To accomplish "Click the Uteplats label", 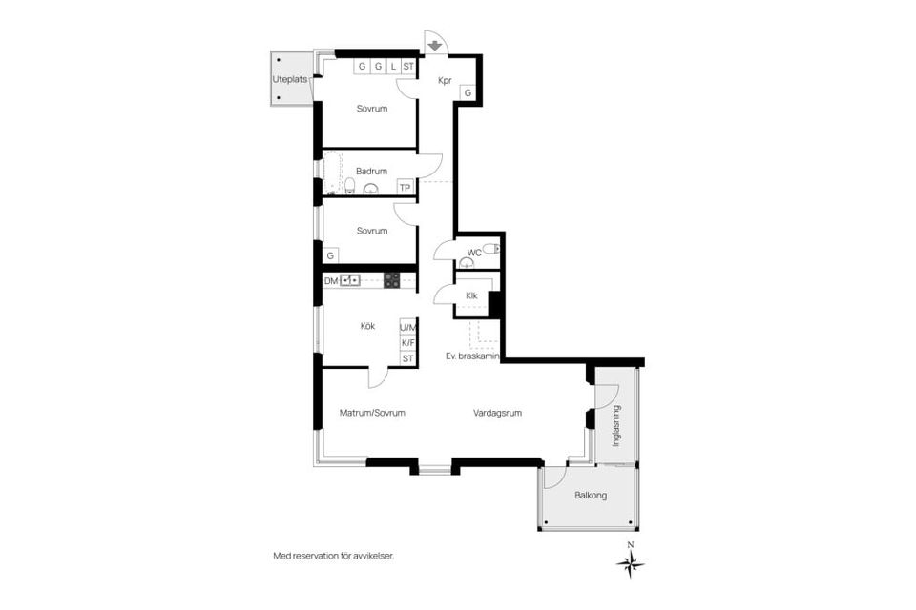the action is coord(290,79).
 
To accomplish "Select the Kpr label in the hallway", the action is coord(446,81).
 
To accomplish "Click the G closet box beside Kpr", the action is coord(468,92).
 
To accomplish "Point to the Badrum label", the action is coord(371,171).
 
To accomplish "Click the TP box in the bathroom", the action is coord(406,188).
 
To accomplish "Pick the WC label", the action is coord(474,253).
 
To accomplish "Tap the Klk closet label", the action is coord(471,296).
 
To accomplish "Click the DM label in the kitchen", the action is coord(331,281).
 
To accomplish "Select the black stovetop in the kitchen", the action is coord(391,281).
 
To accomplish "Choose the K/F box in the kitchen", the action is coord(407,343).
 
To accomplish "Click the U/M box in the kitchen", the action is coord(407,328).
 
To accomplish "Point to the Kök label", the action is coord(367,326).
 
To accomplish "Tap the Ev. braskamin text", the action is coord(472,356).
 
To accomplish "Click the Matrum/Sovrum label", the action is coord(372,413).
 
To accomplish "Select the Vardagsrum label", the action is coord(497,413).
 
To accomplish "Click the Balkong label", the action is coord(591,495).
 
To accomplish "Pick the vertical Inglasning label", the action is coord(616,426).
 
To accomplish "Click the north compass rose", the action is coord(631,562).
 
